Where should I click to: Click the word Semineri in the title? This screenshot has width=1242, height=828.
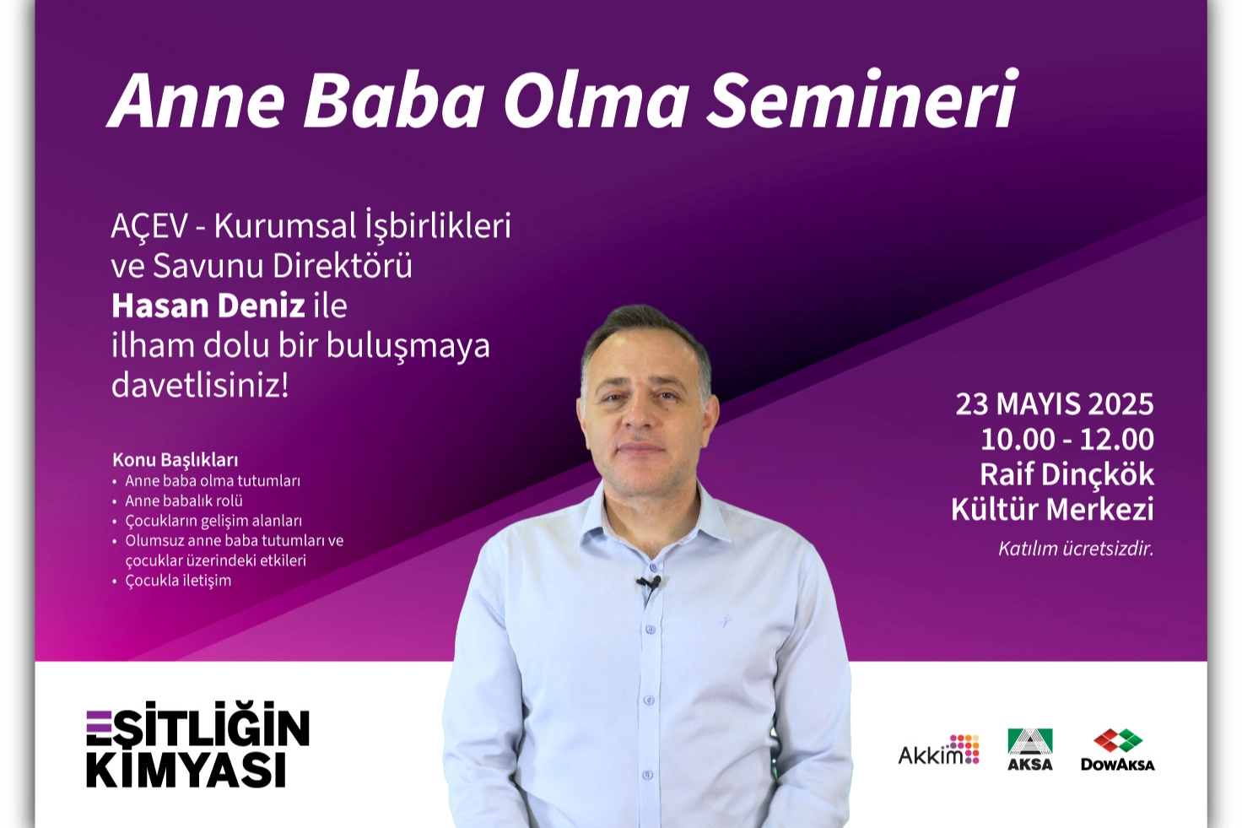coord(861,100)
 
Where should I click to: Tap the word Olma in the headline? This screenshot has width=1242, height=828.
coord(596,100)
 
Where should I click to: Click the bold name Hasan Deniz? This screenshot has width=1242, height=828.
coord(208,306)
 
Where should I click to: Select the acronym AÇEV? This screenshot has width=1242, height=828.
coord(149,225)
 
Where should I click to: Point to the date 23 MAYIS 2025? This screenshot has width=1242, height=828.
coord(1055,403)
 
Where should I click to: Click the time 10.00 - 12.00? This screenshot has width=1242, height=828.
coord(1067,439)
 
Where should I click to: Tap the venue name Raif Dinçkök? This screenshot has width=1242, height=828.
coord(1066,474)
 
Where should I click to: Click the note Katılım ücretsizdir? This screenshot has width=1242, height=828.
coord(1077,549)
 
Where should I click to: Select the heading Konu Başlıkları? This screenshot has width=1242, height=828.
coord(175,460)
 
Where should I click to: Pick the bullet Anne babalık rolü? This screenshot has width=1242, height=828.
coord(184,501)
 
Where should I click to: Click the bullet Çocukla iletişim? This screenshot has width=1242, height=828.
coord(178,581)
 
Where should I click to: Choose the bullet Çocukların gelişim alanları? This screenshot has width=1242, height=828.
coord(213,521)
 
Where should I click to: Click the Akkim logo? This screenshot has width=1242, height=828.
coord(939,751)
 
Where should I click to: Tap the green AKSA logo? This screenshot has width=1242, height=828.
coord(1029,750)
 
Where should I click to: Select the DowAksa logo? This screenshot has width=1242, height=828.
coord(1118,750)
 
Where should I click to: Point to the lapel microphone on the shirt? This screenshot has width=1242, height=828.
coord(649,583)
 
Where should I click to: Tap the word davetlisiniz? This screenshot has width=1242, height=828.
coord(200,386)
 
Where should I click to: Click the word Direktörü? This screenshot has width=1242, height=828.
coord(342,266)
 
